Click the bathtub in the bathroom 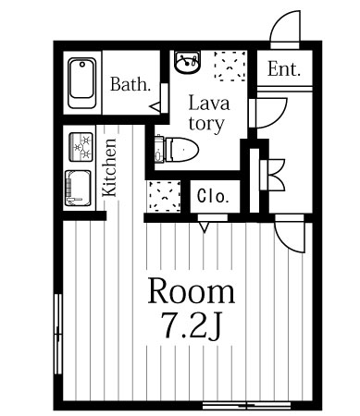[81, 83]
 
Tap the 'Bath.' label [130, 84]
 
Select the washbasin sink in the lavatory [187, 62]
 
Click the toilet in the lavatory [177, 150]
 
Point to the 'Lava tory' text [209, 114]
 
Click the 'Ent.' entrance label [283, 69]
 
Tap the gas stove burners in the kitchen [81, 147]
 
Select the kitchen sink [78, 188]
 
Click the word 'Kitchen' [109, 167]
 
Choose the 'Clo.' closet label [214, 195]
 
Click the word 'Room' [192, 291]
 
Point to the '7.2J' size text [192, 325]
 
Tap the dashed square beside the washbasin [230, 66]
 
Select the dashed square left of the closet [165, 196]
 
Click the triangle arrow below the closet [204, 227]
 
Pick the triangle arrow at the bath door [155, 107]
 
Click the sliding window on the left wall [58, 334]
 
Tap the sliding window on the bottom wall [246, 405]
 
